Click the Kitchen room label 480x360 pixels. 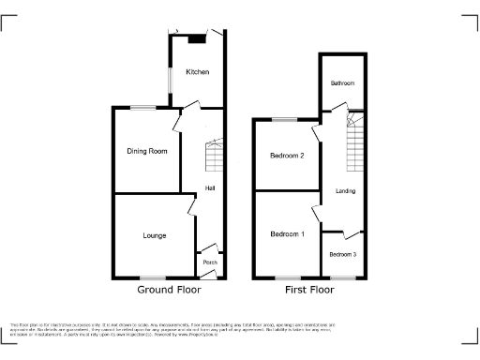(x=196, y=72)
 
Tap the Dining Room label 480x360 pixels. (x=146, y=152)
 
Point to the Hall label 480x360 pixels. (x=211, y=187)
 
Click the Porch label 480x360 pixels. (x=210, y=262)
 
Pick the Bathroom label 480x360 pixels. (x=342, y=83)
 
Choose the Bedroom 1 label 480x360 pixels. (x=288, y=233)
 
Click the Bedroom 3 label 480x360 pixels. (x=343, y=254)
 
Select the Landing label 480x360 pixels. (x=345, y=191)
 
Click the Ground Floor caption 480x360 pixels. (x=170, y=291)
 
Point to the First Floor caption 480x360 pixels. (x=309, y=291)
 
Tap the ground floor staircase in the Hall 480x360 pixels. (x=213, y=150)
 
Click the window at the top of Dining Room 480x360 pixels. (x=142, y=110)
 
